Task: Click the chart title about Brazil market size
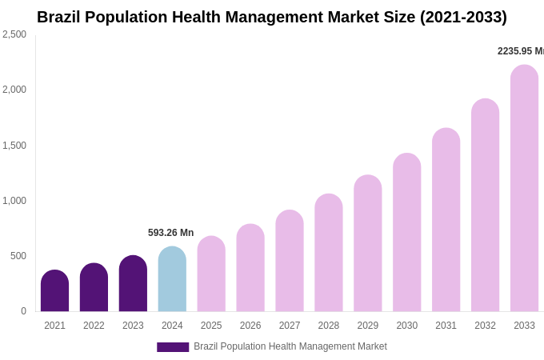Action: (x=271, y=17)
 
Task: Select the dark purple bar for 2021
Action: (x=54, y=291)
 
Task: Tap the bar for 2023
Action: (x=133, y=284)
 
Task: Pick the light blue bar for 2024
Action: (x=172, y=279)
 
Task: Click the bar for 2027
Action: (x=290, y=261)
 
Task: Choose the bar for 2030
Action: (x=406, y=233)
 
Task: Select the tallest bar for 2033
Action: (x=524, y=189)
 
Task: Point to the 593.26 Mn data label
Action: (x=170, y=233)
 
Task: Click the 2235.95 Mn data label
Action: (x=520, y=51)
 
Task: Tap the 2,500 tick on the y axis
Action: (x=14, y=34)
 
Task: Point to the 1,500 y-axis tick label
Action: (x=14, y=146)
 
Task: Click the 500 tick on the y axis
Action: (x=18, y=256)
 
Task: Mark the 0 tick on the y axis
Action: (x=23, y=311)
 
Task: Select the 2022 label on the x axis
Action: (x=94, y=326)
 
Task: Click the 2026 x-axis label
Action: (x=250, y=326)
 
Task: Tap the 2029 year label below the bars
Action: (x=367, y=326)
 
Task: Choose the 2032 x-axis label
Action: (x=485, y=326)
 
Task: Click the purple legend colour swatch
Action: (x=173, y=347)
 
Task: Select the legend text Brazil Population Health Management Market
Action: (x=290, y=346)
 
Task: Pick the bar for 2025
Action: (x=211, y=274)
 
